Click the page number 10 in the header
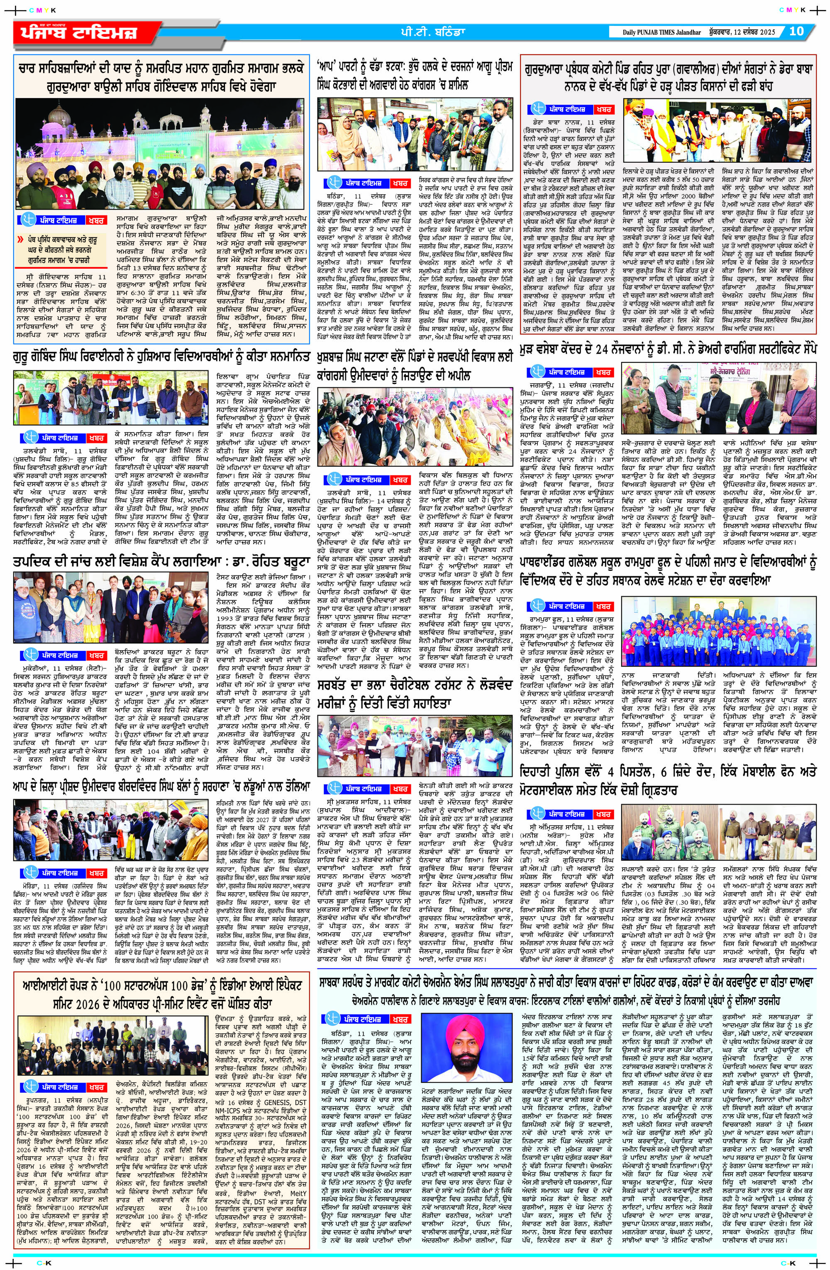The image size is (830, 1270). (796, 31)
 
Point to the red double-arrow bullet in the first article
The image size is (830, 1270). (20, 239)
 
